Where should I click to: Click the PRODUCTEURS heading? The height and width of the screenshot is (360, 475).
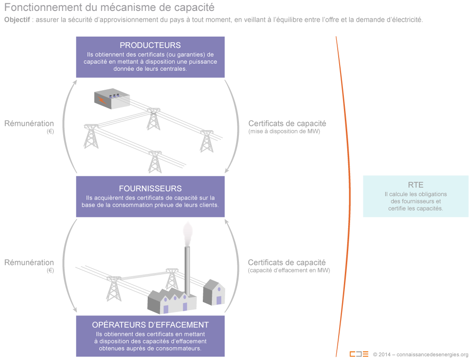pyautogui.click(x=150, y=46)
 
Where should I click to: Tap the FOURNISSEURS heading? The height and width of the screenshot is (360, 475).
pyautogui.click(x=150, y=188)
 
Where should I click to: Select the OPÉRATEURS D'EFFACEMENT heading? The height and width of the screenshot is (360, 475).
pyautogui.click(x=150, y=325)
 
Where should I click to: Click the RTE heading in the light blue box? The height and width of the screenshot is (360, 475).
pyautogui.click(x=416, y=185)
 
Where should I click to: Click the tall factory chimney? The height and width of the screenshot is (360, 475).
pyautogui.click(x=187, y=271)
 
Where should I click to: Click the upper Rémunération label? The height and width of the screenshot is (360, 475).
pyautogui.click(x=29, y=124)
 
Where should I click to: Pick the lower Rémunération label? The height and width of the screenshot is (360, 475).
pyautogui.click(x=29, y=263)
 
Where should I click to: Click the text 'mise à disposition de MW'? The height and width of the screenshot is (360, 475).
pyautogui.click(x=284, y=132)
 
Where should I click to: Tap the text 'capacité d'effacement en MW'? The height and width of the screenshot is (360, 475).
pyautogui.click(x=289, y=270)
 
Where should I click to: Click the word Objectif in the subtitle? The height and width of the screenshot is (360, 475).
pyautogui.click(x=18, y=20)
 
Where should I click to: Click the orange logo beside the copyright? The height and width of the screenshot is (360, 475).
pyautogui.click(x=359, y=354)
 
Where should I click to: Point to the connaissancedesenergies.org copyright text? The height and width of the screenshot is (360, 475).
pyautogui.click(x=421, y=354)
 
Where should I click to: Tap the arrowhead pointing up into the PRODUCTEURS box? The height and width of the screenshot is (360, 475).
pyautogui.click(x=75, y=81)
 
